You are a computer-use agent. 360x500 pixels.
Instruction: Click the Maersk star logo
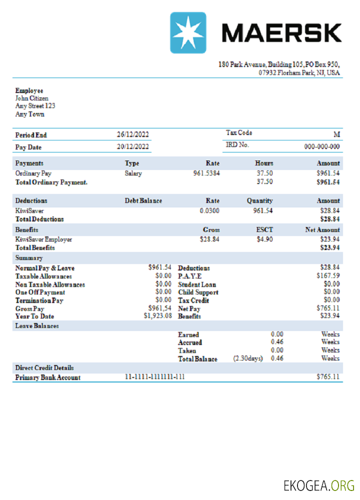187,33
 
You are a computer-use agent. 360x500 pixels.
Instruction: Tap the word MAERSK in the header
281,33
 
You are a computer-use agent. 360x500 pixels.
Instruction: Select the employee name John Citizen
32,98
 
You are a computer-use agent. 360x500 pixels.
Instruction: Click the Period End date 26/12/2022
133,135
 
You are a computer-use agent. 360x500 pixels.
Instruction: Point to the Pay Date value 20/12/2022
133,147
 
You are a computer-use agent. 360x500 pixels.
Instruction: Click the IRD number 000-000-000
322,147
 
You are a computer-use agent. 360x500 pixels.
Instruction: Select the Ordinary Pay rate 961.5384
206,173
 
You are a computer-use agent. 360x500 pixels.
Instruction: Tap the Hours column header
264,163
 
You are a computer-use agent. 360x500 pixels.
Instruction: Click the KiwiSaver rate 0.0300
209,211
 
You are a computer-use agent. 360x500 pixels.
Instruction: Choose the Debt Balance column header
143,201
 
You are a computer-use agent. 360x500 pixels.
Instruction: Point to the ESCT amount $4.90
264,239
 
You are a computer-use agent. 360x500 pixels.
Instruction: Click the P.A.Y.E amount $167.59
328,276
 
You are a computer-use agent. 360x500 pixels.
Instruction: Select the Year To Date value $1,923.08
158,316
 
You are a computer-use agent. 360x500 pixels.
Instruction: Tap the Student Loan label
197,284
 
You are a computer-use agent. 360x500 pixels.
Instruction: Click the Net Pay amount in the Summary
328,308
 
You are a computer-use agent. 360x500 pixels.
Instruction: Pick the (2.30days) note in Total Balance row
248,358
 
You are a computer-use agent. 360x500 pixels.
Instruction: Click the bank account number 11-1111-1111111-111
154,377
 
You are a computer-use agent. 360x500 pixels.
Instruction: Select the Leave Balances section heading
37,326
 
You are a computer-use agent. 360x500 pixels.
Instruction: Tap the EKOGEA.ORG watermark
319,485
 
